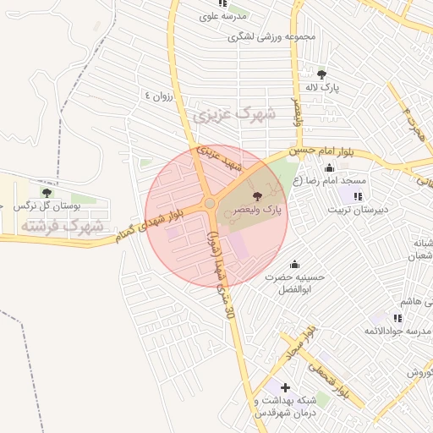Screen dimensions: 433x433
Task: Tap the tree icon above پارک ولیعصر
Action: coord(256,195)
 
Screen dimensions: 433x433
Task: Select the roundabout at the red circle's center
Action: coord(209,203)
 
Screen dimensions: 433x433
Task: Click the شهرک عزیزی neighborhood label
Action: coord(223,115)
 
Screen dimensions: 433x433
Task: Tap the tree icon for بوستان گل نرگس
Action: coord(47,194)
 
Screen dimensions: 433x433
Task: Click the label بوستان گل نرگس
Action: coord(52,206)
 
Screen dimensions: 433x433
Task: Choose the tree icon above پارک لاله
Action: coord(321,74)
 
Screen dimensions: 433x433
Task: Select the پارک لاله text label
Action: coord(321,86)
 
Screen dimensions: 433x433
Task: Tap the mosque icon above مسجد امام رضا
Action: coord(329,168)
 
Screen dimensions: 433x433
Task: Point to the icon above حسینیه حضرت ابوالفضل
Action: coord(295,265)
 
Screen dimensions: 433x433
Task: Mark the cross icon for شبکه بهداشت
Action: coord(285,387)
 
